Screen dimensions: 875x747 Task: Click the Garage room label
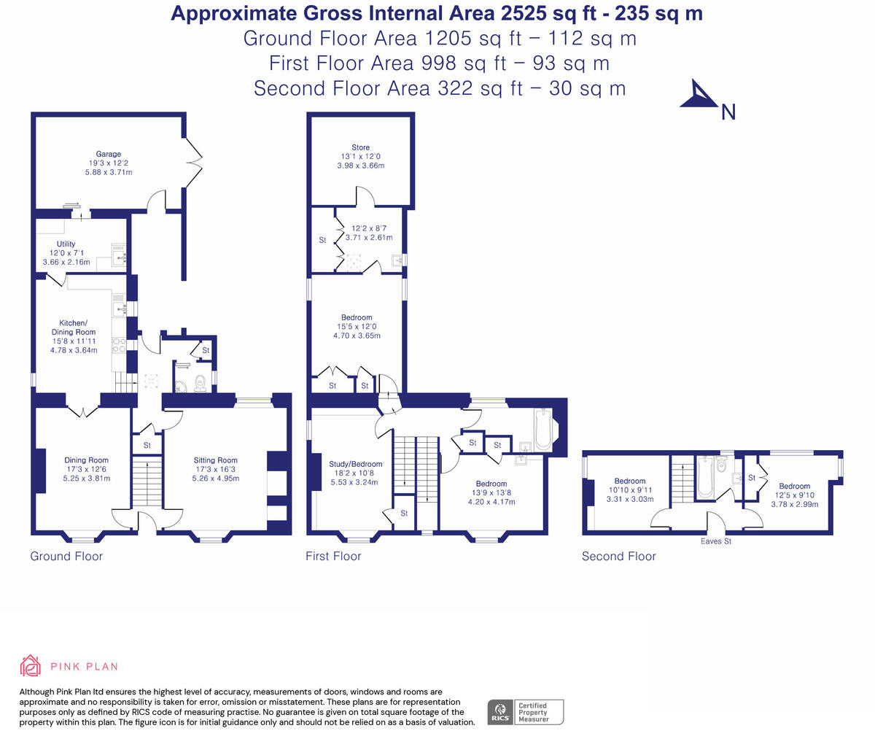tap(109, 154)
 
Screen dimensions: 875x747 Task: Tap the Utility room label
tap(66, 244)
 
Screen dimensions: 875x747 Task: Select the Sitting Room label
tap(216, 460)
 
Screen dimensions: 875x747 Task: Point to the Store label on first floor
tap(361, 147)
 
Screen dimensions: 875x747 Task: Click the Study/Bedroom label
tap(356, 464)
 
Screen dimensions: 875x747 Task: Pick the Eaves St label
tap(716, 541)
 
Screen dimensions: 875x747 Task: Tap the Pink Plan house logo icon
tap(31, 666)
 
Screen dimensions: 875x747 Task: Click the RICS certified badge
tap(525, 712)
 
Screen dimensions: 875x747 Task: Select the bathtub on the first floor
tap(542, 430)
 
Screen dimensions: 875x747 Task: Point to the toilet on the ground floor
tap(200, 383)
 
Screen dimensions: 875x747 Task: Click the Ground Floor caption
tap(66, 556)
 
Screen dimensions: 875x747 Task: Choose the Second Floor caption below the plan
tap(618, 556)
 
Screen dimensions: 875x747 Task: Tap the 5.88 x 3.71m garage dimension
tap(109, 172)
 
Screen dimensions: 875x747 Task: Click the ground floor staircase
tap(147, 481)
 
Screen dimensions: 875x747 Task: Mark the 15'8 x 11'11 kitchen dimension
tap(74, 341)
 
